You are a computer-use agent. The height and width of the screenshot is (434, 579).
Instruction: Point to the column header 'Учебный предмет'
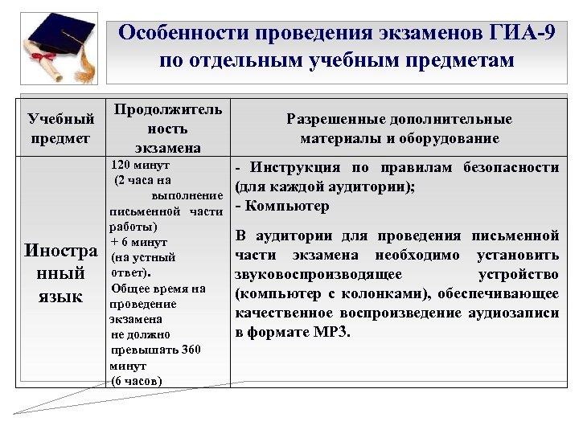pyautogui.click(x=56, y=129)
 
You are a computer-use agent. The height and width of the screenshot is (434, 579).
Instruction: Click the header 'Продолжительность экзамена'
pyautogui.click(x=167, y=129)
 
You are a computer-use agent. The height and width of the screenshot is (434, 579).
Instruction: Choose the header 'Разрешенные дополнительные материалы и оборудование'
pyautogui.click(x=399, y=129)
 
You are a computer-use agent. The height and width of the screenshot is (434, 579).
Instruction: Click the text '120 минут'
pyautogui.click(x=140, y=165)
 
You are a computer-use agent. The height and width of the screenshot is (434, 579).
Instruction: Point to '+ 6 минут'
pyautogui.click(x=138, y=242)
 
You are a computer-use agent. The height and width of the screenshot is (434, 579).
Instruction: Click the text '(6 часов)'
pyautogui.click(x=136, y=380)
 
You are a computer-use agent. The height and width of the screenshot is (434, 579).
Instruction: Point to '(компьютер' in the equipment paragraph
pyautogui.click(x=270, y=293)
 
